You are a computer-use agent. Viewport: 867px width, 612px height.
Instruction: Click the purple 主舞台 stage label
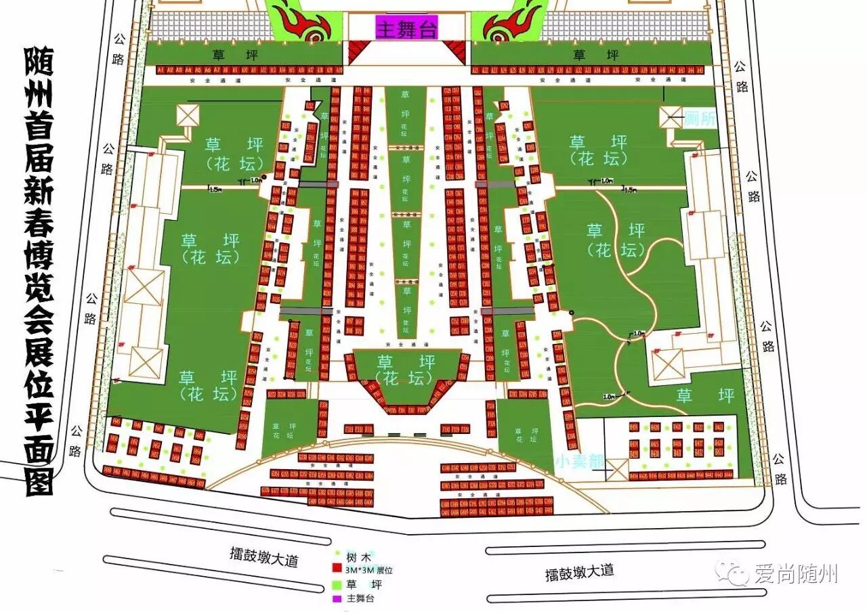coord(407,28)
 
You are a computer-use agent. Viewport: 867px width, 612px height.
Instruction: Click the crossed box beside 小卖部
coord(617,468)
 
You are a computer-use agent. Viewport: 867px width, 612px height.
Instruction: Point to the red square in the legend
coord(335,570)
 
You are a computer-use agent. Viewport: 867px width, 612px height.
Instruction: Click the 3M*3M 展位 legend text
coord(368,571)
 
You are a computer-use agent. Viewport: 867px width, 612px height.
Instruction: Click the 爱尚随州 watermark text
coord(796,574)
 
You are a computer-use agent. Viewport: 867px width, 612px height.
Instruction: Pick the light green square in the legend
coord(335,584)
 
